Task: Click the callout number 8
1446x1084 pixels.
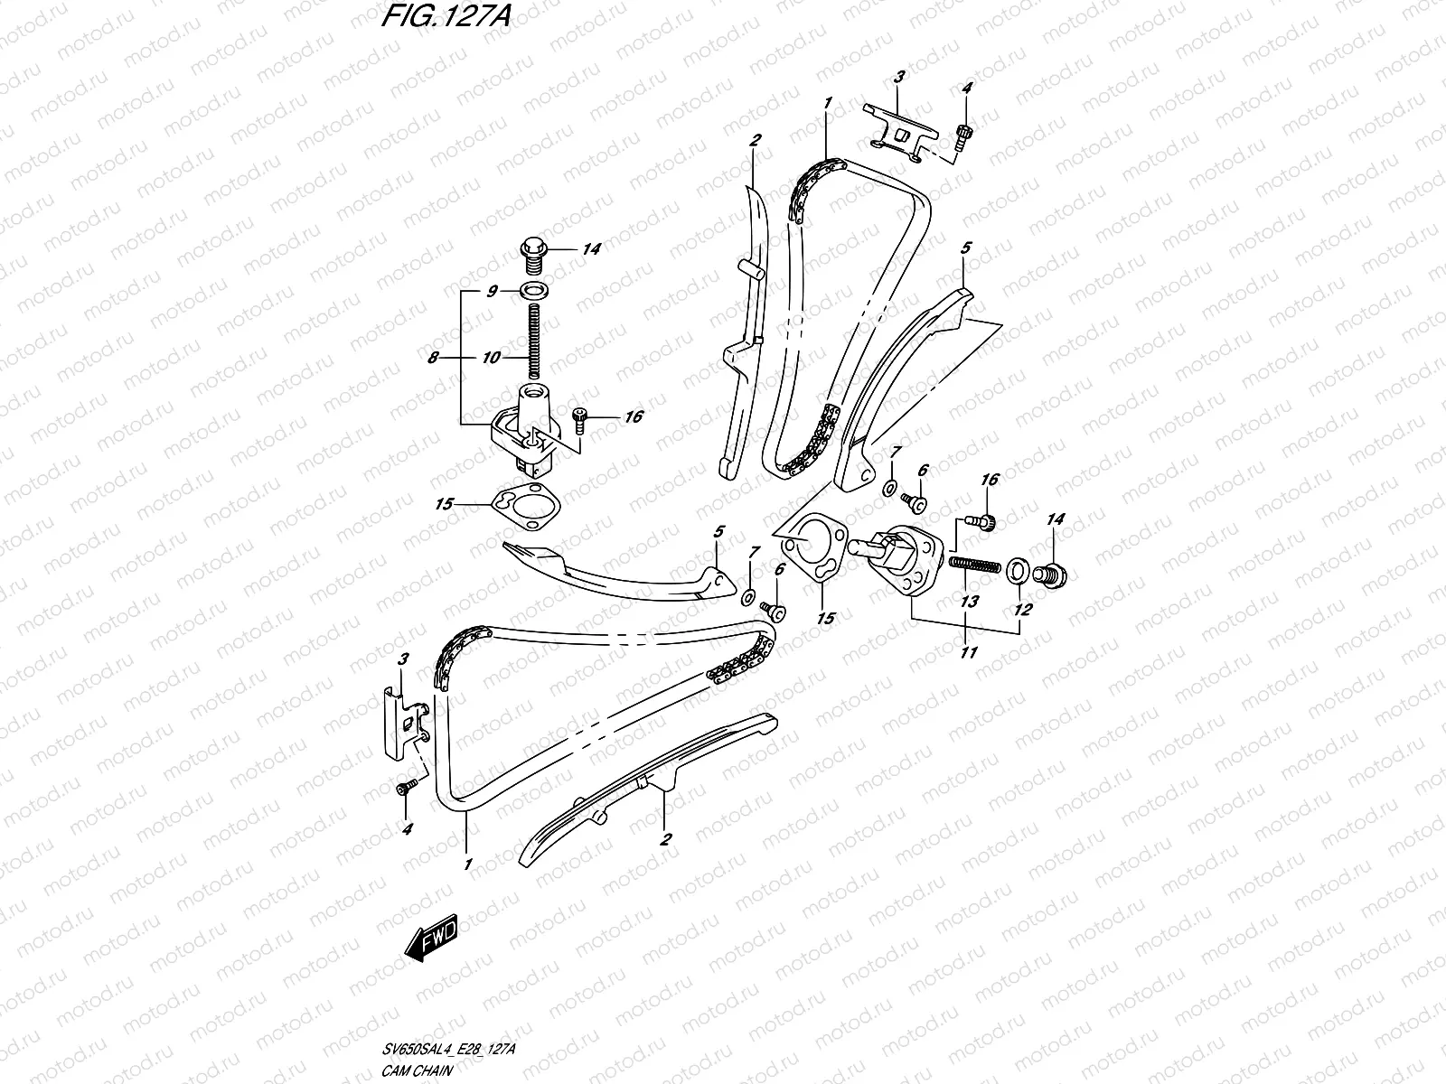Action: pyautogui.click(x=434, y=358)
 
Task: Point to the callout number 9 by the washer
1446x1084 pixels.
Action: pyautogui.click(x=492, y=291)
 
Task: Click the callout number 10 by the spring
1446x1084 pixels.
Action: pyautogui.click(x=491, y=358)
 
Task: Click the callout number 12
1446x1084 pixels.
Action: pyautogui.click(x=1022, y=610)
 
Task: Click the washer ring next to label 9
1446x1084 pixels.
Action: pyautogui.click(x=534, y=291)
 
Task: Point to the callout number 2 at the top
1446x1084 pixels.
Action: pyautogui.click(x=756, y=140)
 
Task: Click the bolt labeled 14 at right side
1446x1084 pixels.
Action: pyautogui.click(x=1052, y=571)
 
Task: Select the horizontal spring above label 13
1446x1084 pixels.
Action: pyautogui.click(x=974, y=565)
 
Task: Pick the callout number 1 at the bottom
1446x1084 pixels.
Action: pyautogui.click(x=468, y=864)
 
